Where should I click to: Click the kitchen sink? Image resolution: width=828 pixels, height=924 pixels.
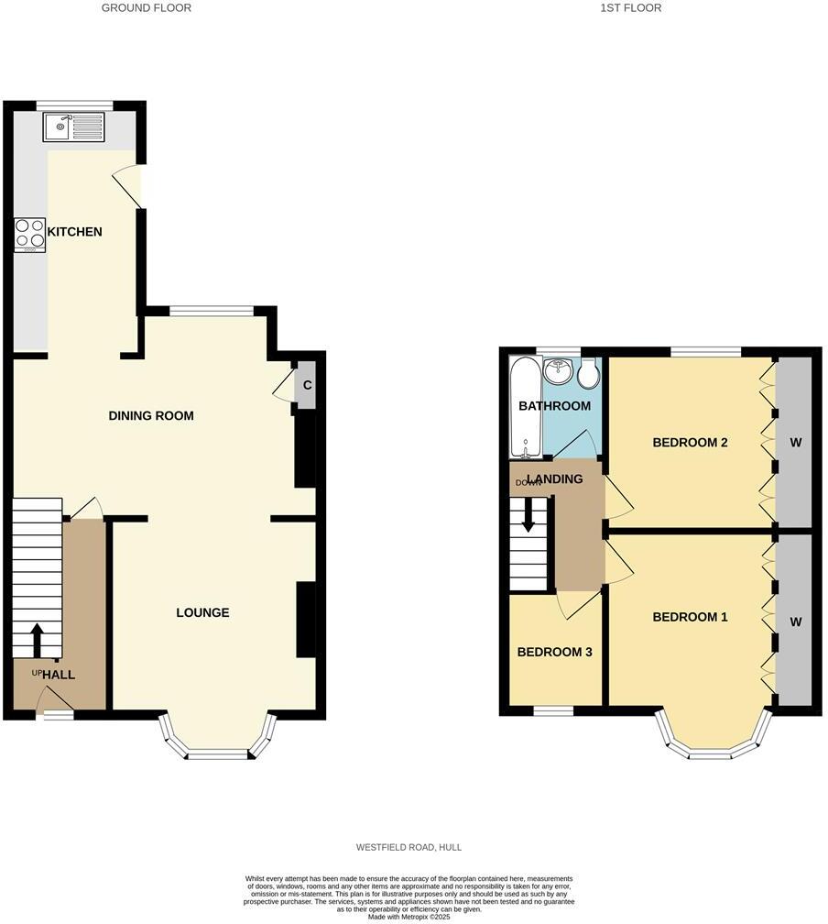point(73,126)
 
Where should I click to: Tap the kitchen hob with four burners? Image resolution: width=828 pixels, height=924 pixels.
point(29,235)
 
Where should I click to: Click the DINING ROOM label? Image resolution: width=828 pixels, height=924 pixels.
point(151,415)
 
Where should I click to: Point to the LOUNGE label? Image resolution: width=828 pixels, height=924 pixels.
point(202,612)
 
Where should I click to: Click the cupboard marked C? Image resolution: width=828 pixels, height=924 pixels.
point(307,385)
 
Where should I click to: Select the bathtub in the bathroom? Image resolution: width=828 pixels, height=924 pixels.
point(525,408)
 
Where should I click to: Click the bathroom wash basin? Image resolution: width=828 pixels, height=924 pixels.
point(558,372)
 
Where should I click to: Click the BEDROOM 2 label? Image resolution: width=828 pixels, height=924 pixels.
point(690,443)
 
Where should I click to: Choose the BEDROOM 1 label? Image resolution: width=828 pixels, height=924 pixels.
point(690,617)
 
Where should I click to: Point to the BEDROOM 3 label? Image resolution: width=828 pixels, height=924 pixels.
point(554,652)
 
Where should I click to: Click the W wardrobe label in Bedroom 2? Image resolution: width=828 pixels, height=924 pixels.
point(795,443)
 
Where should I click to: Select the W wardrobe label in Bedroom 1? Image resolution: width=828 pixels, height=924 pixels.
point(795,621)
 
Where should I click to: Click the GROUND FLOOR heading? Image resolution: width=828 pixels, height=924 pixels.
point(147,7)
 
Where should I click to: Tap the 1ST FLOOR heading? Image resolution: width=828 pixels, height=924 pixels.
point(630,7)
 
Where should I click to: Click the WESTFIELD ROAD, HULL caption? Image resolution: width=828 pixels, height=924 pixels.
point(409,847)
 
